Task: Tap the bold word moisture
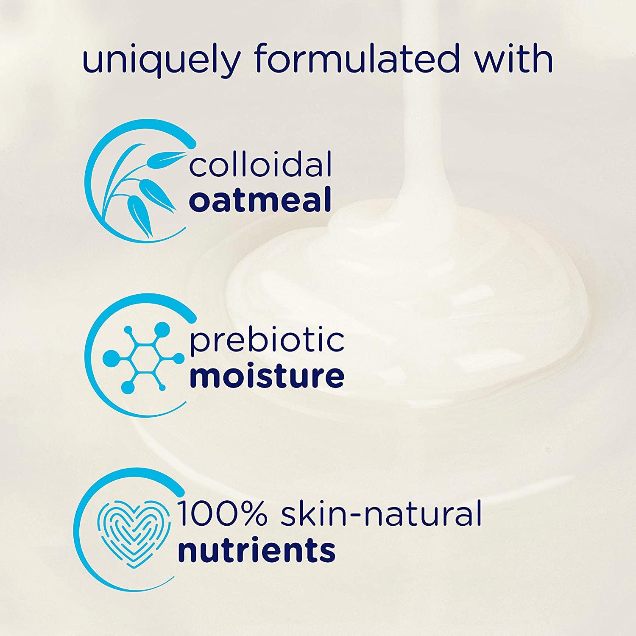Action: pos(267,375)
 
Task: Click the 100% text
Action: pos(221,513)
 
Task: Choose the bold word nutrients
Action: pos(257,550)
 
